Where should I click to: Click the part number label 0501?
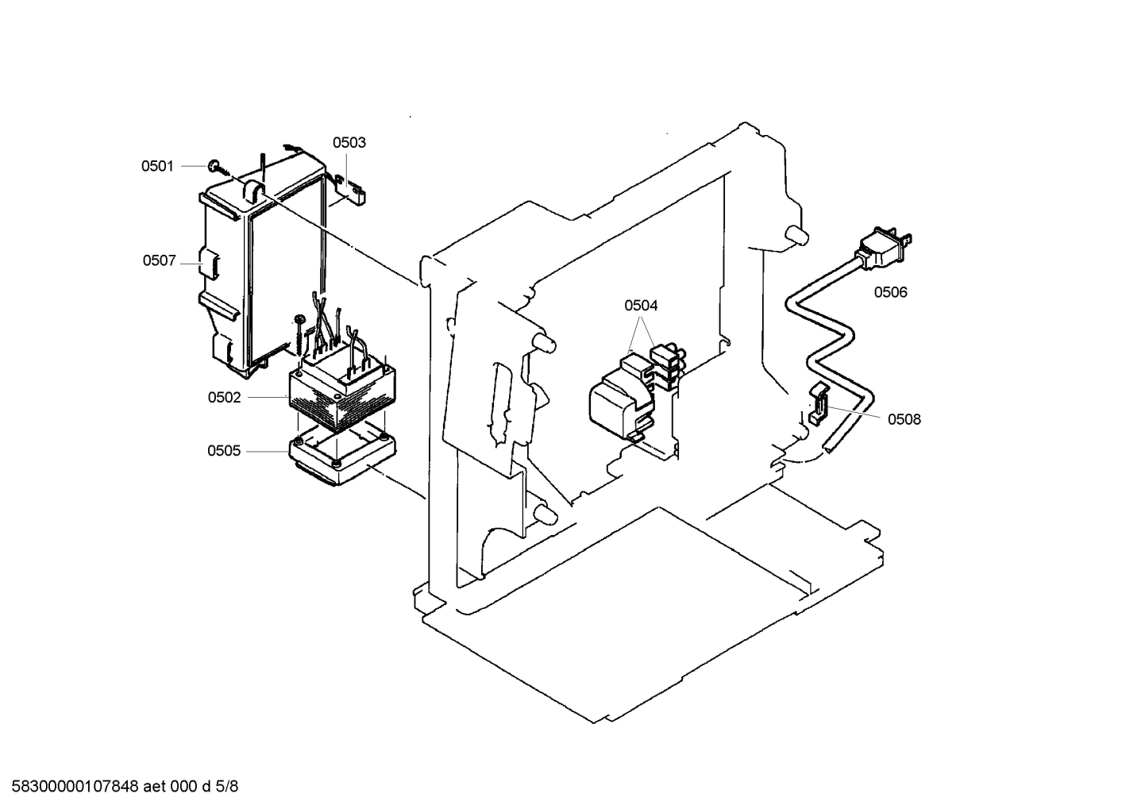157,166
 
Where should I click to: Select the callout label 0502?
224,398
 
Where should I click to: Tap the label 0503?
349,143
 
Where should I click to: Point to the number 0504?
641,306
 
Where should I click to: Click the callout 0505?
224,451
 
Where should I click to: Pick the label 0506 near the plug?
890,292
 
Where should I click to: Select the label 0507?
159,260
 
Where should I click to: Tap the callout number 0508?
904,419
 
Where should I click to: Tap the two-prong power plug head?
884,248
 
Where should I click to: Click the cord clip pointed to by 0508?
818,403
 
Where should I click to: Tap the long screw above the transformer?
299,333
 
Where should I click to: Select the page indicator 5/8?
227,787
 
